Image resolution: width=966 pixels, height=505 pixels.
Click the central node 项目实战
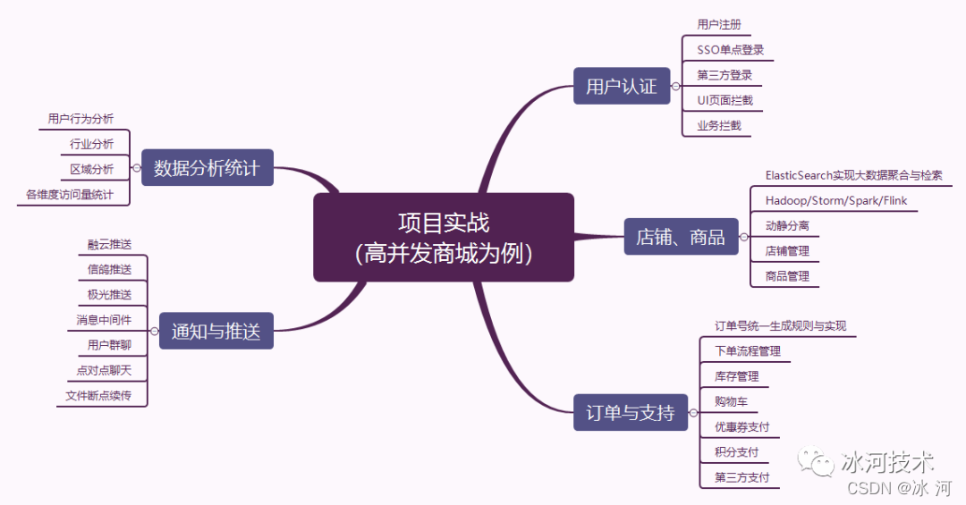point(444,237)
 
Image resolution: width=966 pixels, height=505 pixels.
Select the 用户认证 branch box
point(621,87)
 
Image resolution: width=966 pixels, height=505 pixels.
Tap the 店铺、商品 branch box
point(680,238)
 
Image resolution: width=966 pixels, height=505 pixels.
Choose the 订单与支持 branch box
point(630,413)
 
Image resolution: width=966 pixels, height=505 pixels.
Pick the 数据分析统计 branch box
point(207,167)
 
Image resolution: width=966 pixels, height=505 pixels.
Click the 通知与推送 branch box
point(216,332)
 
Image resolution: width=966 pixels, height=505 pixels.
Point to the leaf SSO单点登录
point(730,50)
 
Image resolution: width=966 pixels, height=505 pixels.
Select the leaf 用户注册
point(719,25)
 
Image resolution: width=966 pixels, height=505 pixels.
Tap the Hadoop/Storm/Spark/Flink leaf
point(835,201)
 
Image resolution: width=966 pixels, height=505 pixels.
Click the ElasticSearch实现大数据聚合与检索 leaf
point(853,176)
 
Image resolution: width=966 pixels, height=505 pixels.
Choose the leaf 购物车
point(731,401)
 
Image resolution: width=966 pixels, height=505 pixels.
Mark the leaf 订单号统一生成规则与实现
point(780,326)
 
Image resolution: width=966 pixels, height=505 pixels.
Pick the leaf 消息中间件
point(104,320)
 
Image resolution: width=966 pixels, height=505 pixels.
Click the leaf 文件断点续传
point(98,395)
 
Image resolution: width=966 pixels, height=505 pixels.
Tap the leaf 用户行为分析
point(80,119)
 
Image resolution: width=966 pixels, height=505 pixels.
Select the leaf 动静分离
point(787,226)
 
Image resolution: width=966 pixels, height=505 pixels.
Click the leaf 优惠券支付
point(741,427)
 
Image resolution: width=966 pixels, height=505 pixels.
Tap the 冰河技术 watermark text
point(887,461)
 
